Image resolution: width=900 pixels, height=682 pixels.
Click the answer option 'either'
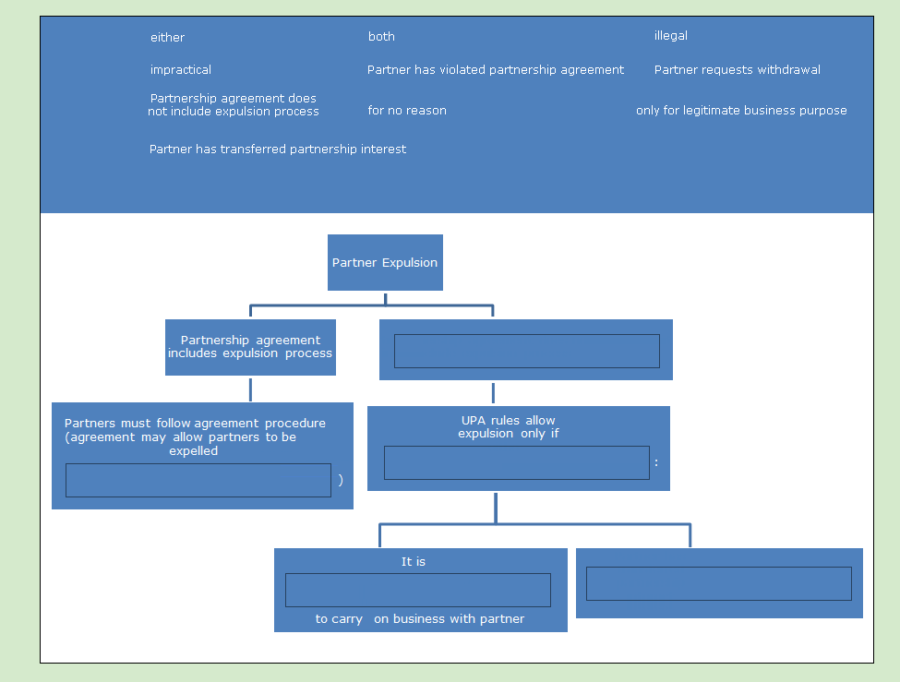coord(168,38)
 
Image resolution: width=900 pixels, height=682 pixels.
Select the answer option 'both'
coord(381,37)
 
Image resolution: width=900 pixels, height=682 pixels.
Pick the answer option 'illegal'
coord(671,36)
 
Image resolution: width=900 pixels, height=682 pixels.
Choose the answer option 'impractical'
coord(181,70)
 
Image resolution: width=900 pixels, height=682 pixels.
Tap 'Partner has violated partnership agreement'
coord(496,70)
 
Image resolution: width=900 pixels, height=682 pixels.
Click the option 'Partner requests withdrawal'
coord(737,70)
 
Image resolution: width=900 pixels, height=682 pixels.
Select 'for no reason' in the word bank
coord(407,111)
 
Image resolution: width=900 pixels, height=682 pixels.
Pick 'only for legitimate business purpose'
coord(741,111)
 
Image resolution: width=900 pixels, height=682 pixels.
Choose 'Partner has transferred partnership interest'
coord(278,150)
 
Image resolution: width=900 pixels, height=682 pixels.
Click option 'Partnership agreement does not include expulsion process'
coord(234,105)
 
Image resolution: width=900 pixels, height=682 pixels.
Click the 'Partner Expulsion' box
coord(385,263)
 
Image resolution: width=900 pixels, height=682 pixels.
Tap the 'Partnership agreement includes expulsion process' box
coord(250,347)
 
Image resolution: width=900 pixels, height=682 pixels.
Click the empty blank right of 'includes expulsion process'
coord(526,352)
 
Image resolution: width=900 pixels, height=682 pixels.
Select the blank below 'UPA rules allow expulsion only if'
coord(516,463)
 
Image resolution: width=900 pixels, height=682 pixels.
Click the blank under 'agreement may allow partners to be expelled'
coord(198,481)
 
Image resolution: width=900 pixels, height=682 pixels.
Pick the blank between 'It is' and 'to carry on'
coord(417,591)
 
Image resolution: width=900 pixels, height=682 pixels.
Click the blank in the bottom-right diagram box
coord(718,584)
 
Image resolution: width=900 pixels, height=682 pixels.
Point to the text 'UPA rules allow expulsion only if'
coord(509,427)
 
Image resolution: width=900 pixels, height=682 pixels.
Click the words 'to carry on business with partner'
coord(420,619)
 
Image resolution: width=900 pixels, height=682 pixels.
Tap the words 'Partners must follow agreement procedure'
coord(195,424)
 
